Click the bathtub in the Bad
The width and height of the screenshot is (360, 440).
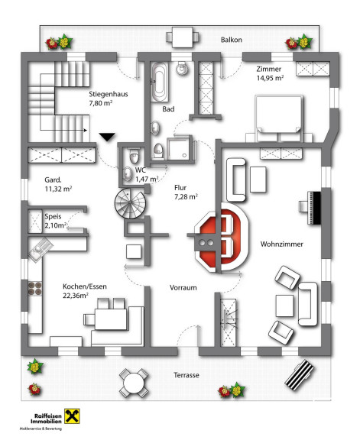159,82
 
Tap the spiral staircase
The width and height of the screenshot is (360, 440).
130,203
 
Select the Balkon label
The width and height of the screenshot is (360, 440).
232,40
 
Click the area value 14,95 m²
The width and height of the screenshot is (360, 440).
270,78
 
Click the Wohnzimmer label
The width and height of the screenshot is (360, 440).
281,244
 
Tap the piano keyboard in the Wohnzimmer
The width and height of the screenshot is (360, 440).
314,208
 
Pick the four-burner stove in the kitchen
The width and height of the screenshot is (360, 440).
35,289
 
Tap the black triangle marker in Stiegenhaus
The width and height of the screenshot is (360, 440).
107,137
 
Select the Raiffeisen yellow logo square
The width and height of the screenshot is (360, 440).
72,416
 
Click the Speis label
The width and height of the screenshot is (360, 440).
53,216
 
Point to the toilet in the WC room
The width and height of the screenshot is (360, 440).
135,157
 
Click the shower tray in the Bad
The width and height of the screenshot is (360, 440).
178,149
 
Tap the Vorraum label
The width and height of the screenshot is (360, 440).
183,288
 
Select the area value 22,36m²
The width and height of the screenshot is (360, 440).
76,296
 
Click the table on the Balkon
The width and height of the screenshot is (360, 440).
183,37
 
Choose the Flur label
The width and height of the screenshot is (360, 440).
180,187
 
